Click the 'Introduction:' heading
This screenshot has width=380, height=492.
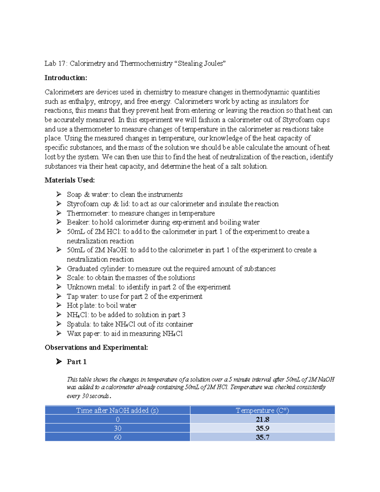tap(66, 78)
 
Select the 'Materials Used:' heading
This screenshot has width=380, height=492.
tap(70, 180)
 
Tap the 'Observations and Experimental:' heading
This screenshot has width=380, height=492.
tap(96, 348)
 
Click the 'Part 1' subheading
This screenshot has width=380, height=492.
tap(77, 362)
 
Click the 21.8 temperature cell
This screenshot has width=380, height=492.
tap(263, 419)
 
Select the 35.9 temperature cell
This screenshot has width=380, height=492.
tap(263, 428)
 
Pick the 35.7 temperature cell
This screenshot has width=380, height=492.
tap(263, 437)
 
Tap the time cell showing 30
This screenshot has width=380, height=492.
tap(117, 428)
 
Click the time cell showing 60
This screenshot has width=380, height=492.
tap(117, 437)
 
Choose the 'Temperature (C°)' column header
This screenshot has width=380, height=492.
tap(263, 411)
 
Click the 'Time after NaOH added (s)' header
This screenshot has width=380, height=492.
tap(117, 411)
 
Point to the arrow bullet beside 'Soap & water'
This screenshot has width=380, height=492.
tap(59, 194)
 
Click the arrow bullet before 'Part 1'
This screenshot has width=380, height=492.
tap(59, 361)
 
